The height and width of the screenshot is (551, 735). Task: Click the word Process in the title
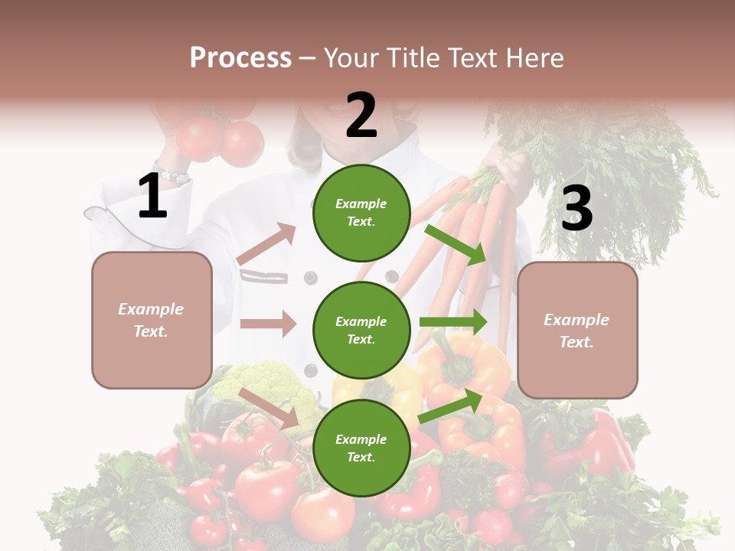click(x=240, y=57)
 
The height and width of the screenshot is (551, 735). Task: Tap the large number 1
click(x=152, y=197)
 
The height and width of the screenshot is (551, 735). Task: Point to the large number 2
click(x=361, y=116)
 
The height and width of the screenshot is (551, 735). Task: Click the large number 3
click(x=577, y=209)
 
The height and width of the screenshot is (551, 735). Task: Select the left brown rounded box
click(x=152, y=320)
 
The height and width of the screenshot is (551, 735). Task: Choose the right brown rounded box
click(x=577, y=331)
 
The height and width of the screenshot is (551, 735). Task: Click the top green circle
click(x=361, y=213)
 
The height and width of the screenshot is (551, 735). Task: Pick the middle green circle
click(x=361, y=330)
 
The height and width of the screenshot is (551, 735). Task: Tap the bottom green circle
click(x=361, y=448)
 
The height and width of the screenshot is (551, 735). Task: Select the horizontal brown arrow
click(x=268, y=324)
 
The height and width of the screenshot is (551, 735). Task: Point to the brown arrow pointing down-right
click(x=269, y=407)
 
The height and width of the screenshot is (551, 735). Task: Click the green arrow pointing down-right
click(x=456, y=244)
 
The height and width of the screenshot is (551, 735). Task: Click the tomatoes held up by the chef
click(x=218, y=138)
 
